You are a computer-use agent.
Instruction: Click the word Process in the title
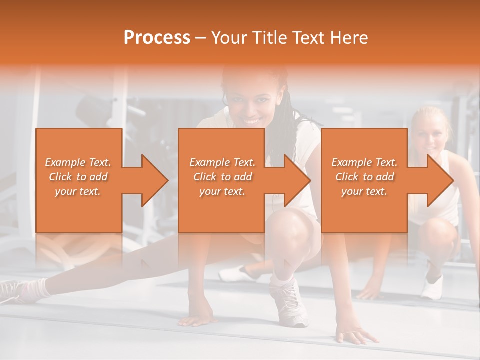[157, 37]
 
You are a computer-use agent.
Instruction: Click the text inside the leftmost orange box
[78, 176]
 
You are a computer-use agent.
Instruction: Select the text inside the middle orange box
[222, 176]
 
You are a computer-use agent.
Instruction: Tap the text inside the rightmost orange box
[364, 176]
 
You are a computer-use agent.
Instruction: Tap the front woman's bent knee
[295, 222]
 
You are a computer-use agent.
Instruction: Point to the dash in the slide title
[200, 38]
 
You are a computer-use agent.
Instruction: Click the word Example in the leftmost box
[65, 162]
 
